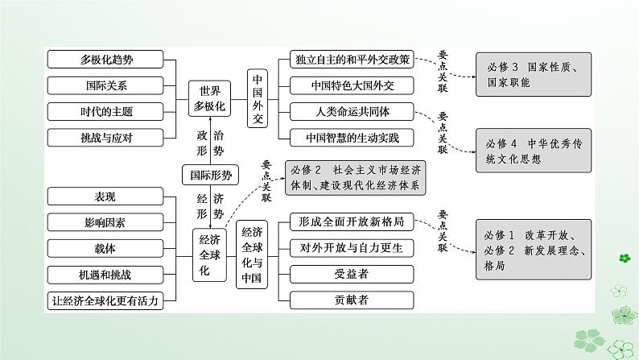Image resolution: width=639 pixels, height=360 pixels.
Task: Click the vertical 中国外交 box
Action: click(x=258, y=99)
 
